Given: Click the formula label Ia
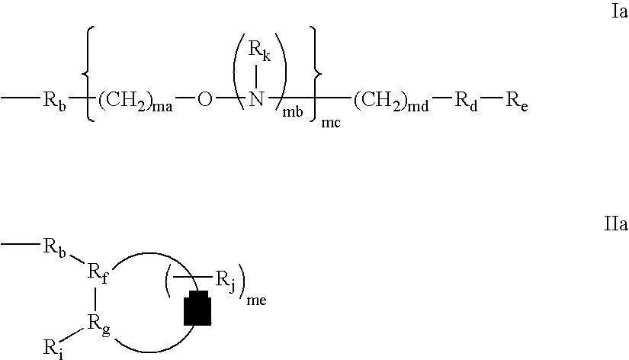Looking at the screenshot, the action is tap(619, 11).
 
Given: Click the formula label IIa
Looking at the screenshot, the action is tap(616, 223).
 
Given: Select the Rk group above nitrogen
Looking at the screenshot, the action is tap(259, 50).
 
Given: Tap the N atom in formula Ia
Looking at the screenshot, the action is tap(256, 98).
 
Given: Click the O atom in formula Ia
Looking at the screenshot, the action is tap(204, 99).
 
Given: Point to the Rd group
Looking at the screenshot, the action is tap(466, 101).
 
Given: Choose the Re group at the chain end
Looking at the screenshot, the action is tap(517, 101).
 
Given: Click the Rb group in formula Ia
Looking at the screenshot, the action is tap(54, 101).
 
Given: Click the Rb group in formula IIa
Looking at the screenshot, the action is tap(54, 249).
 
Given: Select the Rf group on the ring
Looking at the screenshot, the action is tap(98, 274).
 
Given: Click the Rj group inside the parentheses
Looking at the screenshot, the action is tap(226, 281).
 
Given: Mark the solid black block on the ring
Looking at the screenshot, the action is tap(197, 307).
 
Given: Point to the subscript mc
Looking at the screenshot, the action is tap(331, 123).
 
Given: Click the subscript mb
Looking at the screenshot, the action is tap(293, 111).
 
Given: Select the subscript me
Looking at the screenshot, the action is tap(256, 301).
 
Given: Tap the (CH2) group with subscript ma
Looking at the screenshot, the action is tap(135, 101).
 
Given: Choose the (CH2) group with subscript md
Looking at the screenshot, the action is tap(391, 101).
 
